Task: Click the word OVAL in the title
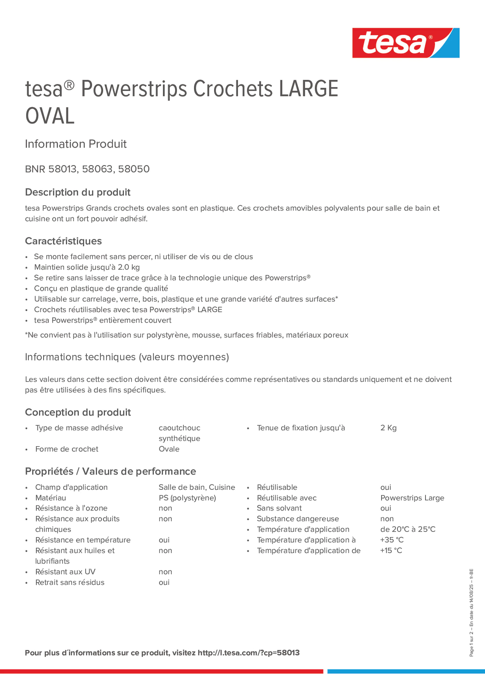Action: tap(50, 116)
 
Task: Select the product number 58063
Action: tap(97, 169)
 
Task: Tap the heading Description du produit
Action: tap(78, 192)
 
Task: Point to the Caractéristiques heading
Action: tap(63, 241)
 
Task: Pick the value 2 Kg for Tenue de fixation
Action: tap(388, 428)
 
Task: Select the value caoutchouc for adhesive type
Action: tap(179, 428)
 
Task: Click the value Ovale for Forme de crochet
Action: tap(169, 449)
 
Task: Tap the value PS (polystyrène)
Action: tap(187, 498)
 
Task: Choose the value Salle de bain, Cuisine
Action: tap(197, 487)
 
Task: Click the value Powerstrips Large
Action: tap(412, 498)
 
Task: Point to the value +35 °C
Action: tap(392, 540)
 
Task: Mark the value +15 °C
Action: tap(391, 550)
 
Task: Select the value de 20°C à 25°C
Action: tap(408, 529)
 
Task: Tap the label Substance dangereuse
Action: tap(298, 519)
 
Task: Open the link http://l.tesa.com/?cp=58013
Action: tap(249, 653)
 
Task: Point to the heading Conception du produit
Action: tap(78, 412)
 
